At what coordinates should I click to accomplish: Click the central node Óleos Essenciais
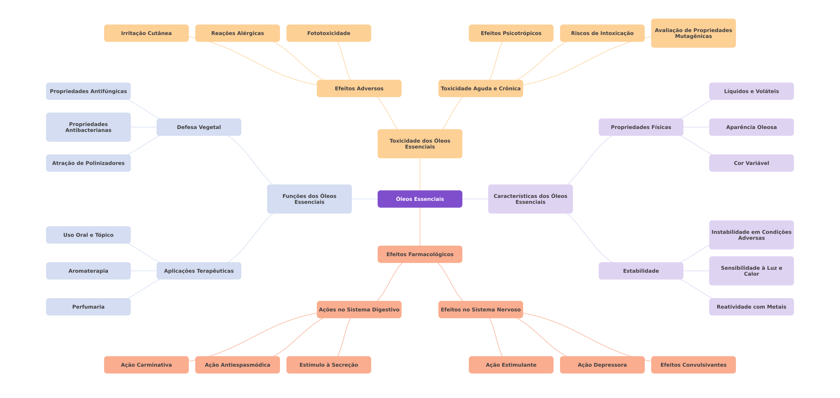pyautogui.click(x=420, y=199)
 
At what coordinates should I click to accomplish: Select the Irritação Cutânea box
pyautogui.click(x=146, y=33)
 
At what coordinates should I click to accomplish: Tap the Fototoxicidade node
pyautogui.click(x=329, y=33)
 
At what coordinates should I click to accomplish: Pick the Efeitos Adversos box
pyautogui.click(x=359, y=88)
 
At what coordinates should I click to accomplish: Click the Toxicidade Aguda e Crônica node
pyautogui.click(x=481, y=88)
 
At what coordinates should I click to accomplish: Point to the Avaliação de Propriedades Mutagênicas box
pyautogui.click(x=693, y=33)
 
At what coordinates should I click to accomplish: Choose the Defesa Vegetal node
pyautogui.click(x=199, y=127)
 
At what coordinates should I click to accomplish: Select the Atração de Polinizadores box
pyautogui.click(x=88, y=163)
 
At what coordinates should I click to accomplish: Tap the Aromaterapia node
pyautogui.click(x=88, y=271)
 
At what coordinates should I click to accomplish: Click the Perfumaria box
pyautogui.click(x=88, y=307)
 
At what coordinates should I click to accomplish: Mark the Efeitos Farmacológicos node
pyautogui.click(x=420, y=254)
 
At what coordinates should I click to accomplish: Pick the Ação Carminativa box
pyautogui.click(x=146, y=365)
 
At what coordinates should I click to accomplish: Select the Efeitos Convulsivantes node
pyautogui.click(x=693, y=365)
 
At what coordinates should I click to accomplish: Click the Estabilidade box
pyautogui.click(x=641, y=271)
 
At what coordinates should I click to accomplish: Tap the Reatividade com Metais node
pyautogui.click(x=752, y=307)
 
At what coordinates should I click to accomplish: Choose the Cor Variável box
pyautogui.click(x=752, y=163)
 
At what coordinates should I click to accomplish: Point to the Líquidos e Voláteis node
pyautogui.click(x=752, y=91)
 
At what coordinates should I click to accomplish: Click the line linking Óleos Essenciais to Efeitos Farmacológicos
pyautogui.click(x=420, y=227)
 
